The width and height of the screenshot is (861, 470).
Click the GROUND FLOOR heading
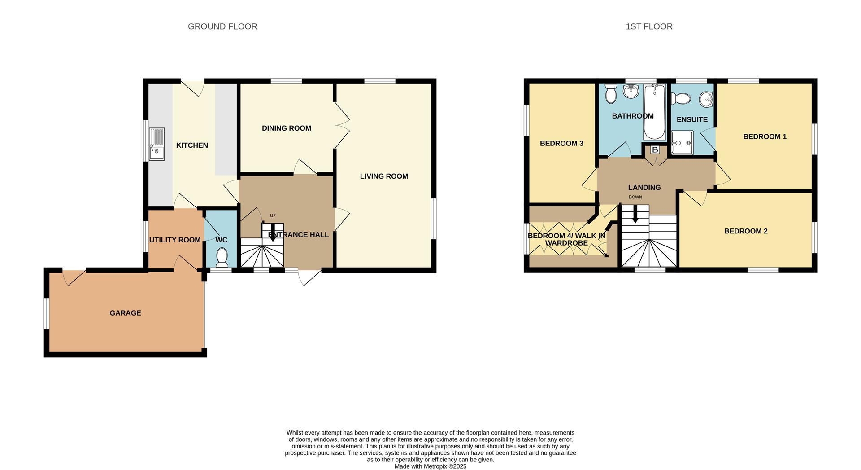(x=222, y=26)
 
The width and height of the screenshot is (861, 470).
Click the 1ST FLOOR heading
(x=649, y=26)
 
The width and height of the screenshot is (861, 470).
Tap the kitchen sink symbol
(x=157, y=144)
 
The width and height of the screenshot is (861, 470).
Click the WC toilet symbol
(x=222, y=258)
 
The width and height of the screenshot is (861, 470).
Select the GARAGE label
(x=125, y=313)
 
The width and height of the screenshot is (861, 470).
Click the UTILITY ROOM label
(x=174, y=240)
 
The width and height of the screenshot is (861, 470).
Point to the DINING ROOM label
(x=286, y=128)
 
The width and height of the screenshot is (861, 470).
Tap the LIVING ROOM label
(x=384, y=176)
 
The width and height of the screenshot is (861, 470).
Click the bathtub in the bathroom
(x=654, y=112)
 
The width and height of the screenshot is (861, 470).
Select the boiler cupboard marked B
(x=655, y=150)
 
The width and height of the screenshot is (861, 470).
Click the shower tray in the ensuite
(x=682, y=142)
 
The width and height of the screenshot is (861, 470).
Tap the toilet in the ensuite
(x=681, y=98)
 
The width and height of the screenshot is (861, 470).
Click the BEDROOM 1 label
(x=765, y=136)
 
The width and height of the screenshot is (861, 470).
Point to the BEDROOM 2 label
(x=746, y=231)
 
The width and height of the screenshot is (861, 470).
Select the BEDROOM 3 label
(x=561, y=143)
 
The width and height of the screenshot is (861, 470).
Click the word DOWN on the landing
(x=635, y=197)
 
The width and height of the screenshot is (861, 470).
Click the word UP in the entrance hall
(x=273, y=215)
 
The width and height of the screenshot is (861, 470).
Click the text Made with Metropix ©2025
(x=430, y=466)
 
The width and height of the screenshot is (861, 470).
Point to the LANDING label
(x=644, y=188)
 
